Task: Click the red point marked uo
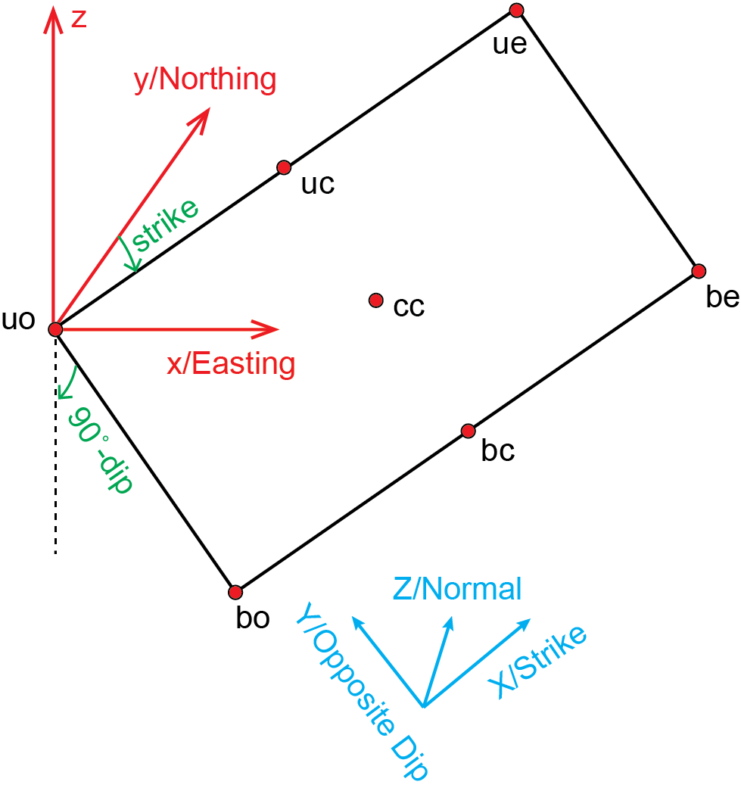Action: point(54,329)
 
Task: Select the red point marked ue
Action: point(517,10)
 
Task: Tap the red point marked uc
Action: point(284,167)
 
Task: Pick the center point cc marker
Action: point(375,301)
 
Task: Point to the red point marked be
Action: point(699,271)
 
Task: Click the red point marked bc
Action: point(468,431)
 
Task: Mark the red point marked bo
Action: point(235,592)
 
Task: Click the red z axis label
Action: point(79,19)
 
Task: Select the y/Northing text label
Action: point(204,79)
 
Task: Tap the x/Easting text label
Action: point(231,364)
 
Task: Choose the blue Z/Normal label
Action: point(457,588)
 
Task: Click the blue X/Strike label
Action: point(537,662)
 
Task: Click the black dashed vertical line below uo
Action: point(55,484)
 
